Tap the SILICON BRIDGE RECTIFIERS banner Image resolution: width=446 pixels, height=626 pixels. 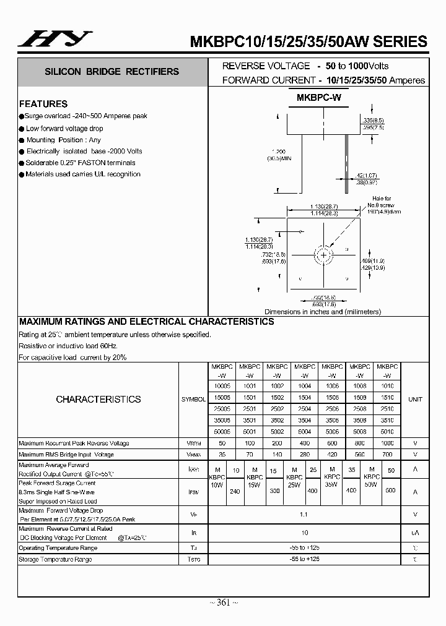click(x=111, y=72)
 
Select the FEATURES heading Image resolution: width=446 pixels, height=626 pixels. click(x=43, y=104)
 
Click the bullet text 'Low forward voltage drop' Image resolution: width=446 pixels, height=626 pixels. click(x=64, y=129)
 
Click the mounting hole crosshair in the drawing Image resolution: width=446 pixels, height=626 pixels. click(x=323, y=254)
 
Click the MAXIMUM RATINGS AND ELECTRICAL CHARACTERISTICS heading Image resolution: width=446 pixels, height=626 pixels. click(x=147, y=322)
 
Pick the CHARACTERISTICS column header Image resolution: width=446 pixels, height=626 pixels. click(x=98, y=400)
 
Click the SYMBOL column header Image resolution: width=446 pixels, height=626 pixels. click(x=193, y=400)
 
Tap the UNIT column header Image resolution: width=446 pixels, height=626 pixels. click(x=415, y=400)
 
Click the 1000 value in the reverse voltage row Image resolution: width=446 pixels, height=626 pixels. click(x=387, y=444)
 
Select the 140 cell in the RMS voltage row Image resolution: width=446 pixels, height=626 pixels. click(x=277, y=455)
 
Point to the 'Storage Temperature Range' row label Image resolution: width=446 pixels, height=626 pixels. click(x=55, y=559)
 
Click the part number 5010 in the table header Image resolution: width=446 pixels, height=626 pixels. click(x=387, y=431)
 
